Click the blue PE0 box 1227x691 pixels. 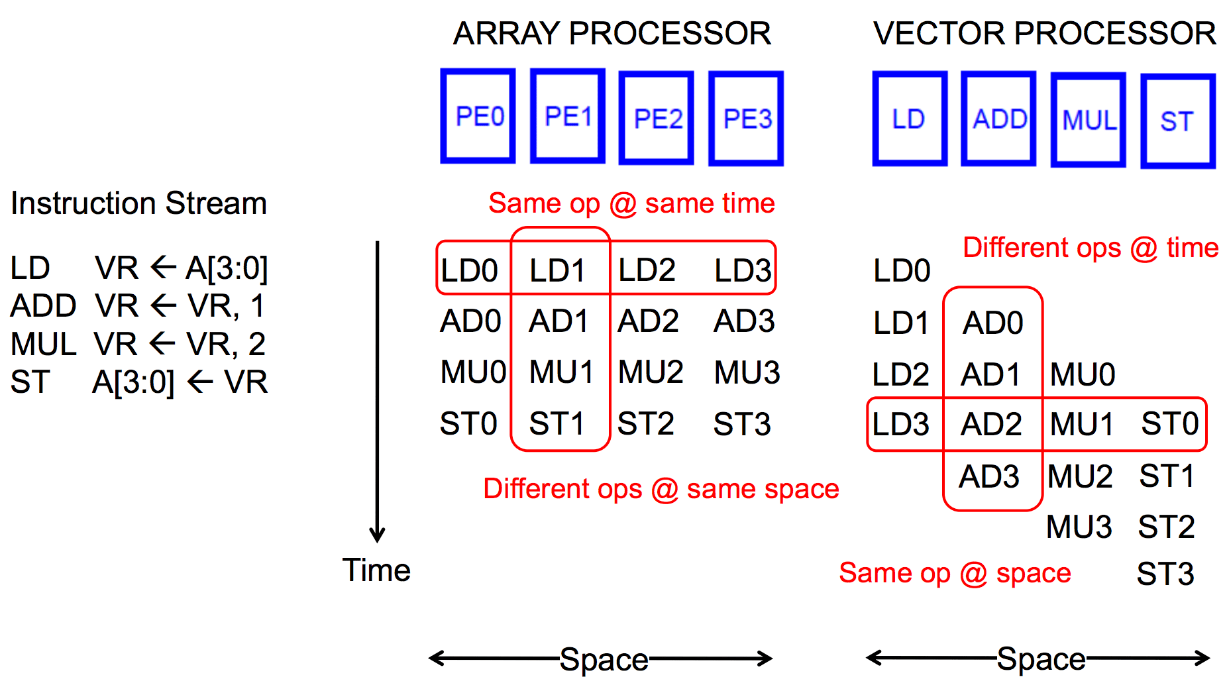(478, 116)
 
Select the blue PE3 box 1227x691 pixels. (746, 119)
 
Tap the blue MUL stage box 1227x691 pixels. (1089, 120)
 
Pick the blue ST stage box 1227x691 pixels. (1177, 121)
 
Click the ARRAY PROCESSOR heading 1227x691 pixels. (612, 33)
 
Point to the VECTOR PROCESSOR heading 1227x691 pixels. (1044, 33)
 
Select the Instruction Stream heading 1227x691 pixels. (138, 203)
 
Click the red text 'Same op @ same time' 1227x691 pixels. (631, 203)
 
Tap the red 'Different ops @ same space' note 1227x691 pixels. (661, 489)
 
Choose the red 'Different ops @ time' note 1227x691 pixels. (1091, 248)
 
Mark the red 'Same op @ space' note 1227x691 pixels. (955, 573)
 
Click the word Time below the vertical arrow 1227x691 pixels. (376, 570)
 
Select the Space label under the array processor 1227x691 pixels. (604, 659)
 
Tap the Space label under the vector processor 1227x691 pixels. (1041, 659)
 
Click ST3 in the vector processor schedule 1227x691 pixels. (1165, 574)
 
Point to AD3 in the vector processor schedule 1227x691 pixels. (989, 476)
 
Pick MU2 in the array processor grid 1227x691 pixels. (650, 372)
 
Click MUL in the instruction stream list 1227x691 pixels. (44, 345)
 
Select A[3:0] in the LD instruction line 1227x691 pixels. (227, 268)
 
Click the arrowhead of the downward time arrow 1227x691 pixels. (378, 535)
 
